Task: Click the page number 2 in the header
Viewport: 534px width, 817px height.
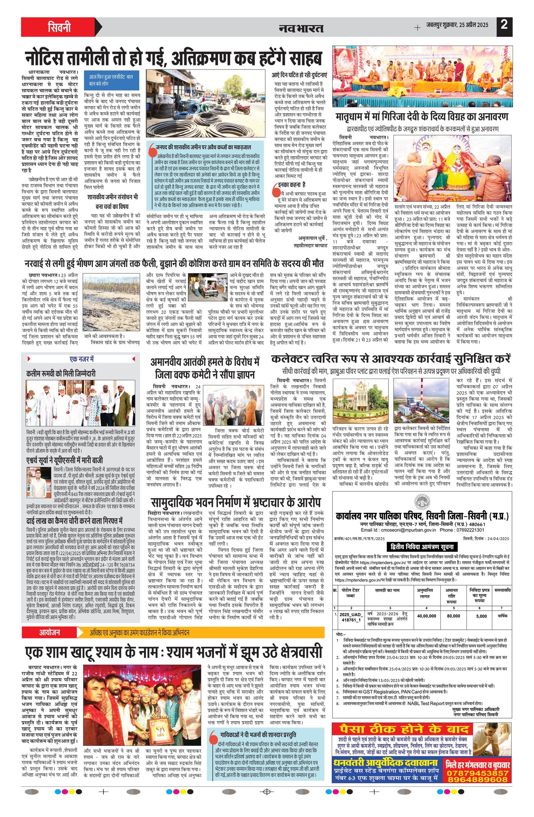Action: point(504,26)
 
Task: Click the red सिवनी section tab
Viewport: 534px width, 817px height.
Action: point(59,27)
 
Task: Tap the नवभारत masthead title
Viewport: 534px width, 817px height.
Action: point(301,28)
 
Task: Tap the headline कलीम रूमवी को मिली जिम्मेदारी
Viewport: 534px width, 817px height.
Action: point(61,373)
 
